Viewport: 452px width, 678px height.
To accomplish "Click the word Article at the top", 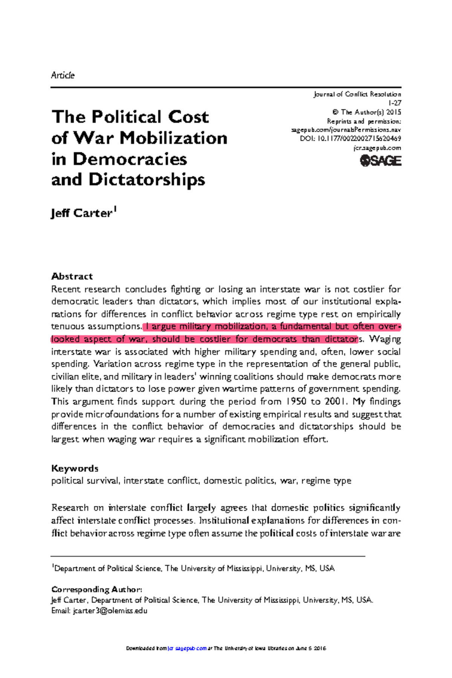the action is [x=63, y=75].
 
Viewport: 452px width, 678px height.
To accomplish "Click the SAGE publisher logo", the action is [x=380, y=161].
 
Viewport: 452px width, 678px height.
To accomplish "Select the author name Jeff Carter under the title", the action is [x=82, y=213].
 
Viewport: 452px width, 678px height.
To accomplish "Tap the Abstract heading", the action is [x=72, y=276].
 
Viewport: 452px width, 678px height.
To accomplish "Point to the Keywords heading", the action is [x=75, y=468].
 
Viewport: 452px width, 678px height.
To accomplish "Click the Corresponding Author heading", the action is [x=96, y=589].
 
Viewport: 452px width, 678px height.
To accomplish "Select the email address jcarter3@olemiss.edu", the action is [x=110, y=611].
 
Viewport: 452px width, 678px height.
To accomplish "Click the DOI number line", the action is [x=350, y=139].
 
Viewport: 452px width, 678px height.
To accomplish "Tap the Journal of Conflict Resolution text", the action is [x=357, y=94].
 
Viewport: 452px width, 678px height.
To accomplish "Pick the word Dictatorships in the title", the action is [x=147, y=180].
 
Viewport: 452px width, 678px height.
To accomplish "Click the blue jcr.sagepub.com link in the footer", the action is [x=187, y=648].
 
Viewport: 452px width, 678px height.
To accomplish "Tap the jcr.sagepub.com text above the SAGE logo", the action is [x=377, y=148].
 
